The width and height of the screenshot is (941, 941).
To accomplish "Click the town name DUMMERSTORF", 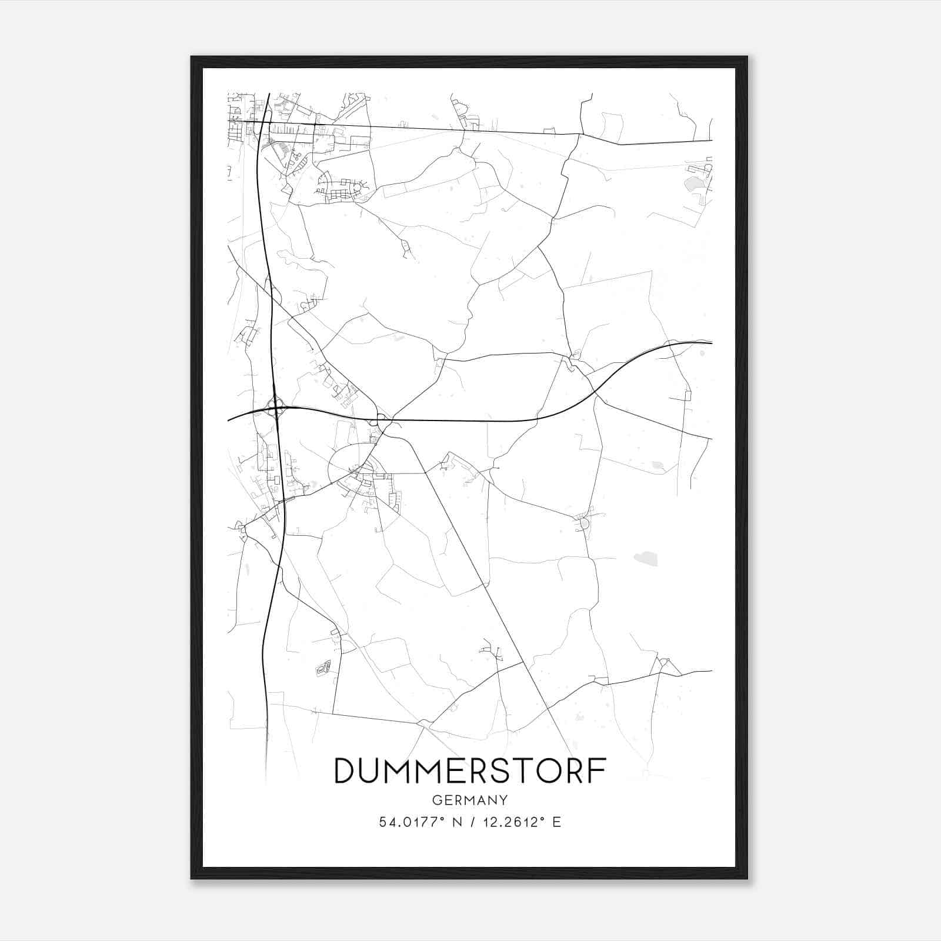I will pyautogui.click(x=470, y=770).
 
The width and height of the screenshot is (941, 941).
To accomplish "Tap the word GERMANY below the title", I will pyautogui.click(x=470, y=800).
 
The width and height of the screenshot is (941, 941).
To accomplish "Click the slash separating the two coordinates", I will pyautogui.click(x=470, y=822).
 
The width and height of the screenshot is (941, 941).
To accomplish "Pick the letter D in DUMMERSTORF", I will pyautogui.click(x=345, y=770).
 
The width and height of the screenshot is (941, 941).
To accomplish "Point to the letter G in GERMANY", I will pyautogui.click(x=436, y=800).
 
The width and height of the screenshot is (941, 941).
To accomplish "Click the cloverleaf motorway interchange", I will pyautogui.click(x=275, y=406).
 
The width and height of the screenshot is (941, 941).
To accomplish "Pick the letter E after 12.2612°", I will pyautogui.click(x=557, y=822).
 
